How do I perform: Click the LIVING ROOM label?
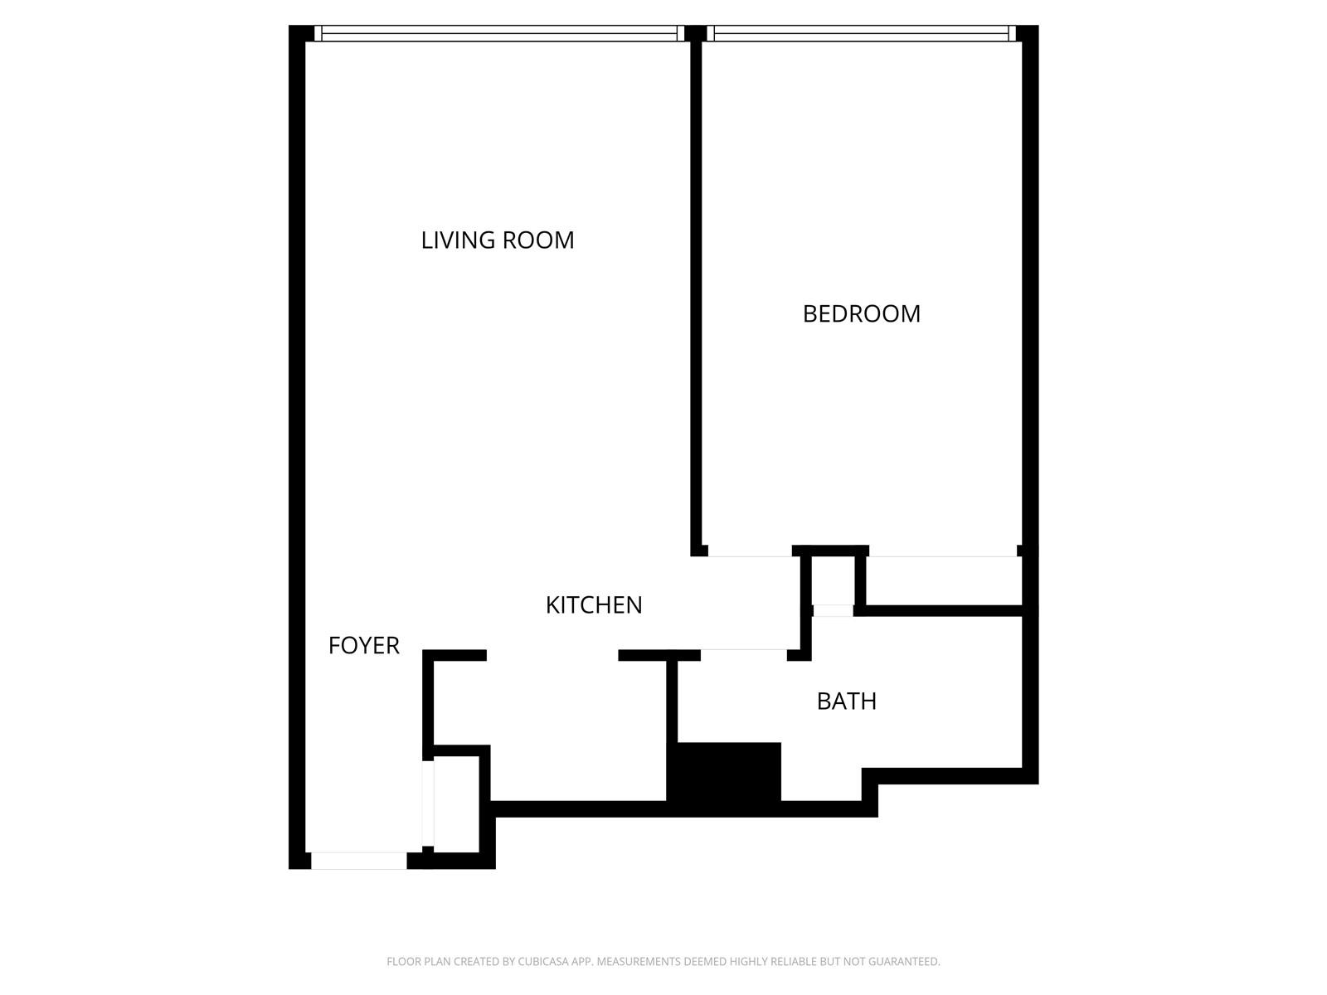pos(497,240)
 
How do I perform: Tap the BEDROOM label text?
pos(861,314)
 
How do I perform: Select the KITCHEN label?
pos(594,605)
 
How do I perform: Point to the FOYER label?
pos(363,645)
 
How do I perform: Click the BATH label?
pos(846,701)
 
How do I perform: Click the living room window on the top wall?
pos(499,33)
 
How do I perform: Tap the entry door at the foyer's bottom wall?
pos(358,861)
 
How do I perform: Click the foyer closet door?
pos(428,803)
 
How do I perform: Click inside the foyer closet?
pos(456,803)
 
